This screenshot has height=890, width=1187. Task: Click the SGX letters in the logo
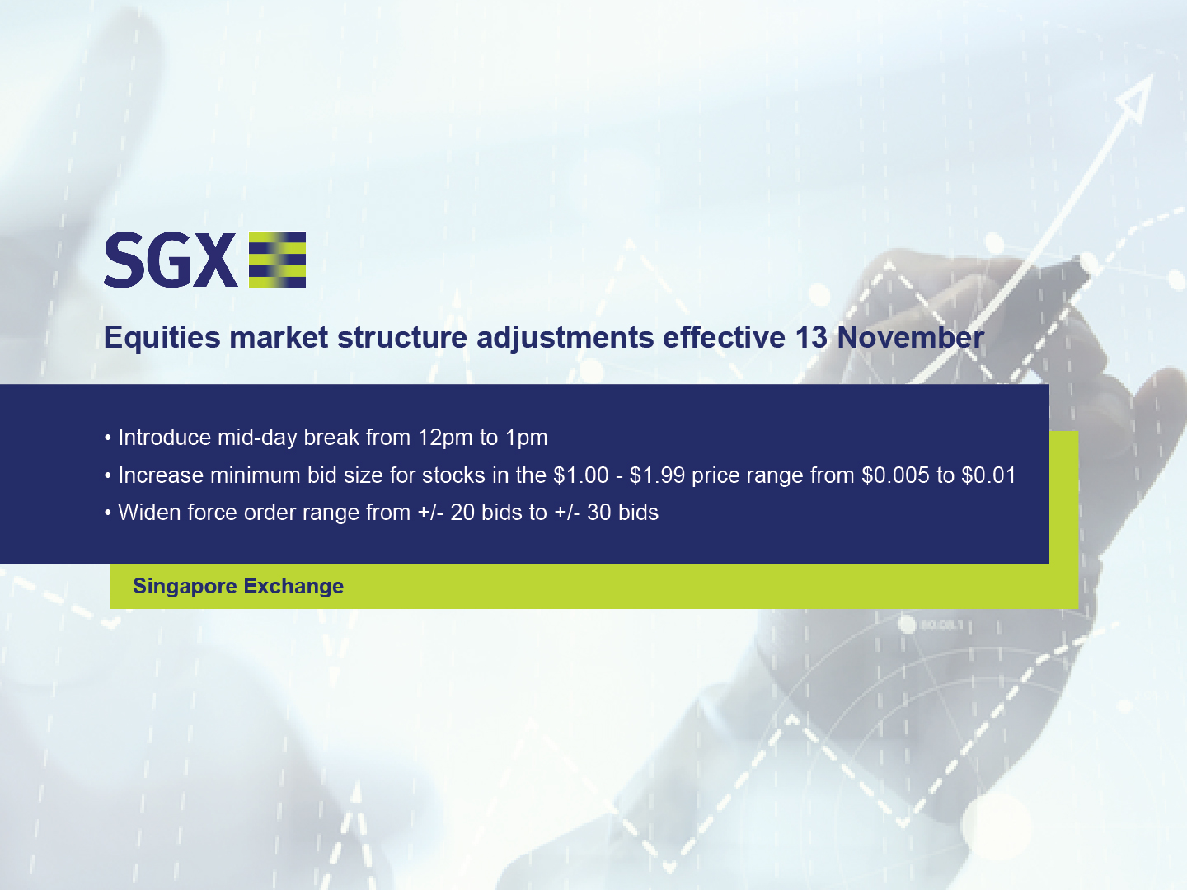pyautogui.click(x=170, y=260)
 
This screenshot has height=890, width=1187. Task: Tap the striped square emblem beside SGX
pyautogui.click(x=277, y=260)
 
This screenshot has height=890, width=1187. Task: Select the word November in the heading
pyautogui.click(x=910, y=338)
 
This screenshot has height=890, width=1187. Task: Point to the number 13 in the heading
pyautogui.click(x=811, y=338)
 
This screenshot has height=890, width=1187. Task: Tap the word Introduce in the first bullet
pyautogui.click(x=164, y=438)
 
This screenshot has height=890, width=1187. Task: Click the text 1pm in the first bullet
pyautogui.click(x=527, y=438)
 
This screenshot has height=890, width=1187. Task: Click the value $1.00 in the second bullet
pyautogui.click(x=581, y=475)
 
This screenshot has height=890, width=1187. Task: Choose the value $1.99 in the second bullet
pyautogui.click(x=657, y=475)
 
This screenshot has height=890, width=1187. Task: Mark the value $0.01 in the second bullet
pyautogui.click(x=988, y=475)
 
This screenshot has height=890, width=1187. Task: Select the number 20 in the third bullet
pyautogui.click(x=462, y=513)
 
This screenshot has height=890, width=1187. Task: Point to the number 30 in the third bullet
pyautogui.click(x=599, y=513)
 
